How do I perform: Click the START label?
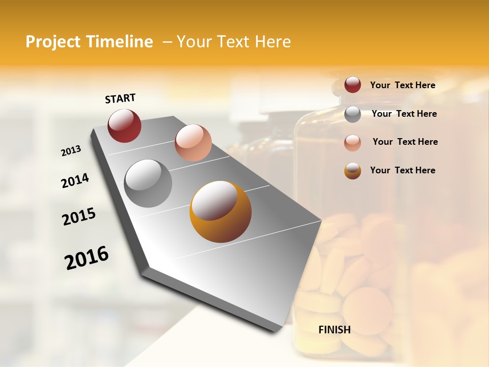(x=120, y=98)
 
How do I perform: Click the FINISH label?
(x=335, y=330)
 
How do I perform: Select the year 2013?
(x=71, y=151)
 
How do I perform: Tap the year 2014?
(x=75, y=180)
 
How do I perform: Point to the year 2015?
(x=79, y=217)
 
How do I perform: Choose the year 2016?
(x=87, y=258)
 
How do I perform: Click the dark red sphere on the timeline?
(x=124, y=125)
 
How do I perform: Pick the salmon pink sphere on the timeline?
(x=193, y=143)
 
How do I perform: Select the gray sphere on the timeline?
(x=148, y=183)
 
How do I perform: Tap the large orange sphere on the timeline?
(x=220, y=212)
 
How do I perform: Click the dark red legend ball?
(x=352, y=85)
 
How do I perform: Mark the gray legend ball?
(x=352, y=114)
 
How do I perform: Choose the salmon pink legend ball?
(x=352, y=142)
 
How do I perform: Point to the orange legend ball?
(x=352, y=171)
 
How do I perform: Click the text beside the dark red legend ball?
(x=402, y=86)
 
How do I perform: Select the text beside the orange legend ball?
(x=402, y=170)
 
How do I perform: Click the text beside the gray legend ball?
(x=404, y=114)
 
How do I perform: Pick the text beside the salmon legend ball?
(x=405, y=142)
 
